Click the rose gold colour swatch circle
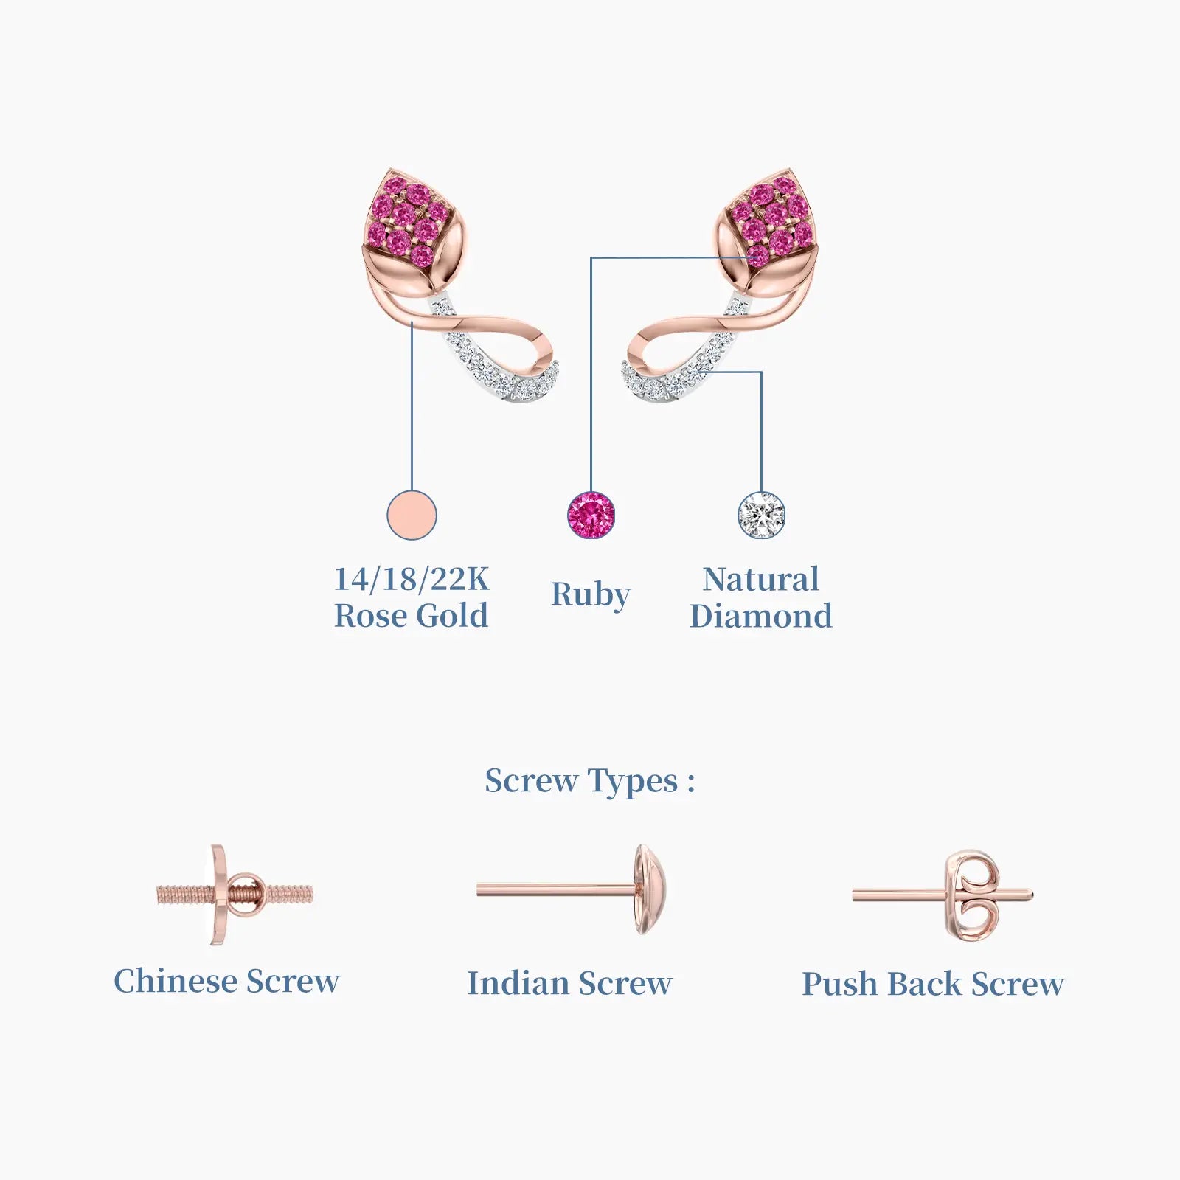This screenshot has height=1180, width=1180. tap(412, 515)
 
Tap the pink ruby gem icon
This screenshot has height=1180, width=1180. tap(591, 515)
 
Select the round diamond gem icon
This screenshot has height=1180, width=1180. tap(761, 515)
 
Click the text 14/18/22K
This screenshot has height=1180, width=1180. tap(412, 580)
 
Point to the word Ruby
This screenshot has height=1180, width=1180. tap(591, 595)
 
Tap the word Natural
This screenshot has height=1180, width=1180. tap(761, 580)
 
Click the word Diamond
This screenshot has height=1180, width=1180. tap(761, 616)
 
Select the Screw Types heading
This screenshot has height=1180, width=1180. tap(590, 782)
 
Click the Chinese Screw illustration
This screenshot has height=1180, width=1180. tap(235, 895)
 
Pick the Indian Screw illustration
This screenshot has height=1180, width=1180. tap(573, 890)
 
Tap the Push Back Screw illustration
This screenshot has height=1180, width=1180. tap(943, 895)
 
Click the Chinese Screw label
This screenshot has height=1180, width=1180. tap(226, 981)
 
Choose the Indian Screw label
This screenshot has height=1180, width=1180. tap(569, 983)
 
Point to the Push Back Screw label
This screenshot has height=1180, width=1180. tap(933, 984)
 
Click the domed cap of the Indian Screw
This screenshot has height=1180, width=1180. tap(652, 890)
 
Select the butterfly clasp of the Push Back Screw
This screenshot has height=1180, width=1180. tap(974, 895)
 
